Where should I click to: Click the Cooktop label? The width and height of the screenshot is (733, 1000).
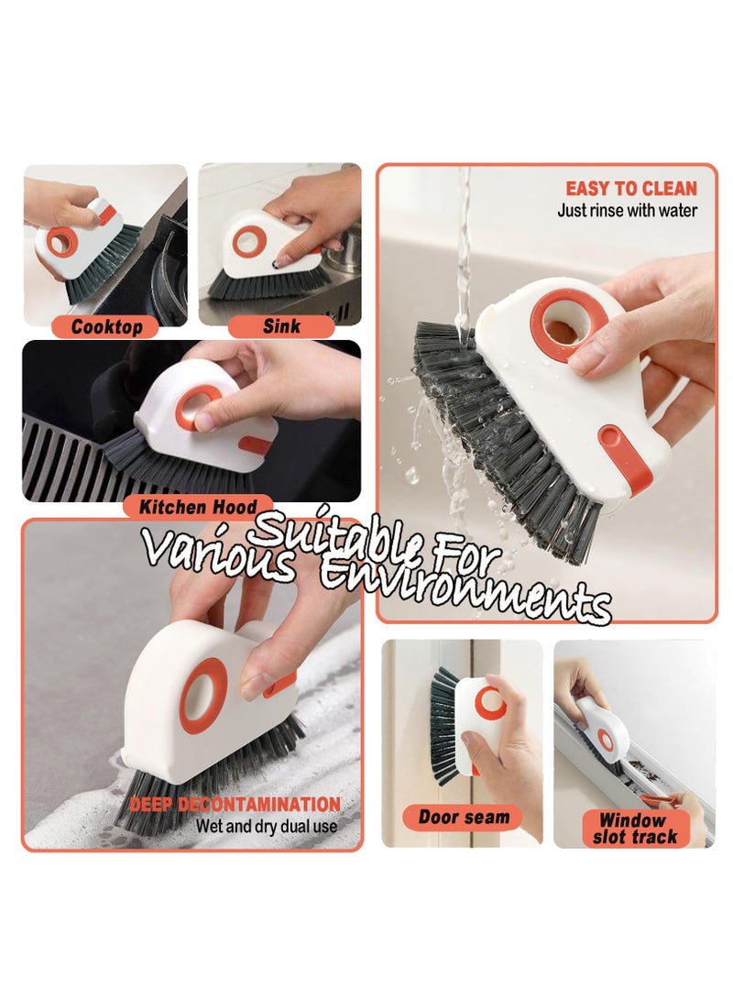(107, 326)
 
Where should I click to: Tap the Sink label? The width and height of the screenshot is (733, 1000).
(281, 326)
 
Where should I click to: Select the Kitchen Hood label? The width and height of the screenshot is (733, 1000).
(197, 506)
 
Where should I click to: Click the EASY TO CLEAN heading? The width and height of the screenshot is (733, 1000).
(630, 189)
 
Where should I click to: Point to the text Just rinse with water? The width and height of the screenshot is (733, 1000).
(627, 211)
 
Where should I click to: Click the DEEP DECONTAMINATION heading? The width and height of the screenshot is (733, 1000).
(235, 805)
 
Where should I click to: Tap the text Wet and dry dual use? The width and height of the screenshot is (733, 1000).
(266, 826)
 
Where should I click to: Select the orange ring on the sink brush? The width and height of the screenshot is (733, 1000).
(249, 241)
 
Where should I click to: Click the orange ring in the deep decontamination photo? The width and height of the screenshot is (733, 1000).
(203, 694)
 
